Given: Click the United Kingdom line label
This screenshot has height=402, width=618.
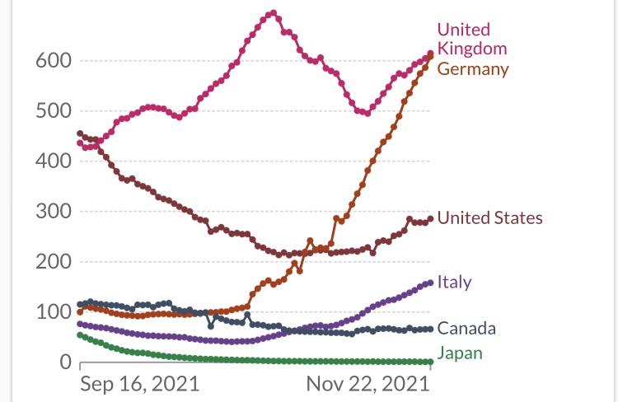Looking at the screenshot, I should (x=472, y=39).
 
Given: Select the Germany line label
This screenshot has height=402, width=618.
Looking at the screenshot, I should (x=472, y=68).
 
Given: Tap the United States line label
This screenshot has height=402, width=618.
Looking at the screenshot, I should (x=489, y=218).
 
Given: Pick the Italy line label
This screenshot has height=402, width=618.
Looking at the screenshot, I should (x=454, y=282).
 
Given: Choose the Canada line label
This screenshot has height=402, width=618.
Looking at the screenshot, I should (x=466, y=329).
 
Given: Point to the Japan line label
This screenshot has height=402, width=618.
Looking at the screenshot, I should (x=460, y=353).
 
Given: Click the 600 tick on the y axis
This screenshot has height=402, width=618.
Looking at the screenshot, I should (x=53, y=61).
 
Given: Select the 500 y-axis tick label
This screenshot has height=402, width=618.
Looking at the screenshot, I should (x=53, y=111).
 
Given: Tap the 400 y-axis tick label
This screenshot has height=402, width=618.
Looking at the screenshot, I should (x=53, y=161).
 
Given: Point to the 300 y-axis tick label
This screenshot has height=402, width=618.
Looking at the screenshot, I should (x=53, y=212).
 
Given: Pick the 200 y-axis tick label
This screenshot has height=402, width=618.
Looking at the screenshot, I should (x=53, y=262).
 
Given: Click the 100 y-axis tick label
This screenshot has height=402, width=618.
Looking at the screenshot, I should (x=53, y=312).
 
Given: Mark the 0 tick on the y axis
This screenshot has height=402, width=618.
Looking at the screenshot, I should (x=64, y=362).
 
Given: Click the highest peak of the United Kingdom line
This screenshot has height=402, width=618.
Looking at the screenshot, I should (x=274, y=13).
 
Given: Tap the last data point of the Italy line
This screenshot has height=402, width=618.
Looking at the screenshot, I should (x=430, y=283).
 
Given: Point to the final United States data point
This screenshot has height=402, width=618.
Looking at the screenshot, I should (x=430, y=218).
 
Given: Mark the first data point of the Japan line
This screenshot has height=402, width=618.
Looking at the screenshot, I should (x=80, y=335).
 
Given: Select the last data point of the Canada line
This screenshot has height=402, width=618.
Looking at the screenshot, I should (x=430, y=329).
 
